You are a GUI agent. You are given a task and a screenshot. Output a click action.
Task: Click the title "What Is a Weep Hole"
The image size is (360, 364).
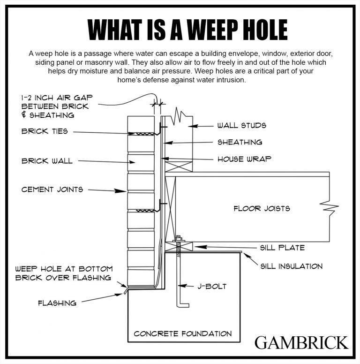coord(180,29)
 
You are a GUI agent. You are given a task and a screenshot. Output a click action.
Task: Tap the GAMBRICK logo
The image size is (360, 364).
coord(301,342)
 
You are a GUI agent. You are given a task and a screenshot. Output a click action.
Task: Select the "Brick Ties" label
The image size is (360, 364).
coord(45,131)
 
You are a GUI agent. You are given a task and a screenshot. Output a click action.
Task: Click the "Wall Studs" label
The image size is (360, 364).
coord(241,126)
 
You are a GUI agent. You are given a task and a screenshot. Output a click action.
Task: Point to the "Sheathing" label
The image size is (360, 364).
coord(240,142)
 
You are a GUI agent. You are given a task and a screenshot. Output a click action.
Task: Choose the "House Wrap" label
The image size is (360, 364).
coord(244,159)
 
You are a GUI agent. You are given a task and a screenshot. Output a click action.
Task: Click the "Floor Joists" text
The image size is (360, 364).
coord(262,208)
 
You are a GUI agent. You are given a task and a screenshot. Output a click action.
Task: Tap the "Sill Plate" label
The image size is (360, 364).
coord(282,248)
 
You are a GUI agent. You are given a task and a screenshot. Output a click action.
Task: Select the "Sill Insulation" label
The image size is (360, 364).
coord(291,266)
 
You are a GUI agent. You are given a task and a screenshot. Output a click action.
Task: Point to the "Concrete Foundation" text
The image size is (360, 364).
coord(182,334)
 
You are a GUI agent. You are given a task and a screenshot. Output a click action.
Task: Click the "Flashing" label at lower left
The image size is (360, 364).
coord(57,303)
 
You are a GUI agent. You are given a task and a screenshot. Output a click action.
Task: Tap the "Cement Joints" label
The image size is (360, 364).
coord(52,190)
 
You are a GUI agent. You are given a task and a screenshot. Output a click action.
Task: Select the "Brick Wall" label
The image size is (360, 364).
coord(47,161)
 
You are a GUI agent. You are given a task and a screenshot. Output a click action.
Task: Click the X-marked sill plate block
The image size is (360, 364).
coord(179,246)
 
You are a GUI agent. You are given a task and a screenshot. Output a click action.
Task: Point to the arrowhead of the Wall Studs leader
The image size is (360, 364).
coord(195,126)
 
